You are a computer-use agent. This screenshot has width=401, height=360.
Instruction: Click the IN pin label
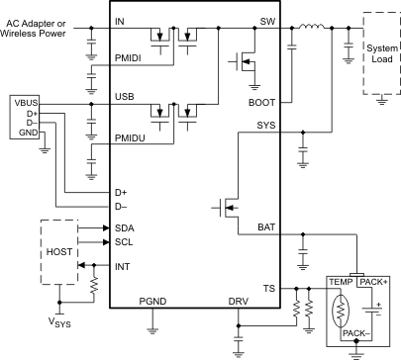(x=120, y=21)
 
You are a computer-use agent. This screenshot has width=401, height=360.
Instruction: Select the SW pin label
(x=266, y=21)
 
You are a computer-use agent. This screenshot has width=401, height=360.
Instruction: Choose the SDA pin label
(x=124, y=227)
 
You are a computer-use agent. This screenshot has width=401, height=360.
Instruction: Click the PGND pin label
(x=153, y=301)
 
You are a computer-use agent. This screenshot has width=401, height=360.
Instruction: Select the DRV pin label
(x=239, y=301)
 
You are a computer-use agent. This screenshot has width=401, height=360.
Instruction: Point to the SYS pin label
(x=264, y=126)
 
